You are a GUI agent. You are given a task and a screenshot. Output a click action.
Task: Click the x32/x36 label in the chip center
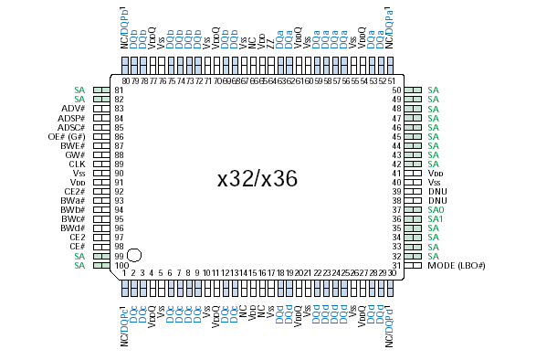coord(257,178)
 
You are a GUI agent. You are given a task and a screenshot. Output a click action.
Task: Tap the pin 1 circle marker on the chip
coord(134,256)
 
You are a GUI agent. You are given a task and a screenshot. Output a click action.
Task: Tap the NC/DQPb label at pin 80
coord(124,26)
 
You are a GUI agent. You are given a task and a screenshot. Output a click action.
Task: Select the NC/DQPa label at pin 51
coord(390,26)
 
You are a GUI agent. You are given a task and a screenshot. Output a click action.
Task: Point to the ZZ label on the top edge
coord(271,42)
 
